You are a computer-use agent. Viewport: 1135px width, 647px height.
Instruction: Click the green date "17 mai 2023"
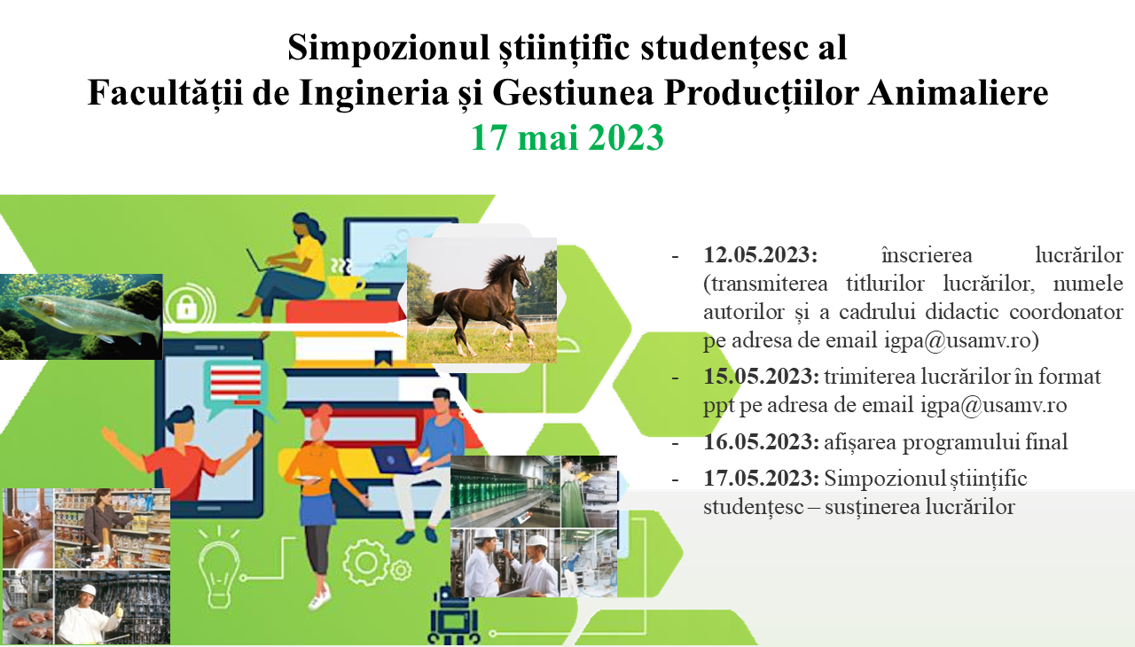567,137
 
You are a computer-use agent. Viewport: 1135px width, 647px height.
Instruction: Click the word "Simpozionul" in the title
388,48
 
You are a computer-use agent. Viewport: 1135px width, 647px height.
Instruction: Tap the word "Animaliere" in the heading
958,93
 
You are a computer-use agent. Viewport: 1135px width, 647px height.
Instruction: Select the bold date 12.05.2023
760,254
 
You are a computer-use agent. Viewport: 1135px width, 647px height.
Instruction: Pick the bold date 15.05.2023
761,376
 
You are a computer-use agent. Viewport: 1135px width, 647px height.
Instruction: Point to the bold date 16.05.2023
761,441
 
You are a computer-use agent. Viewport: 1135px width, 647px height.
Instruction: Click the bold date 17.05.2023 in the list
761,478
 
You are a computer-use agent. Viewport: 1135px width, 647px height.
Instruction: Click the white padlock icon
186,307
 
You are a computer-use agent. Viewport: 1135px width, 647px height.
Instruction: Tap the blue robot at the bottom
454,616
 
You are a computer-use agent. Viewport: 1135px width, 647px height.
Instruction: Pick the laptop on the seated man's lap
395,459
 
